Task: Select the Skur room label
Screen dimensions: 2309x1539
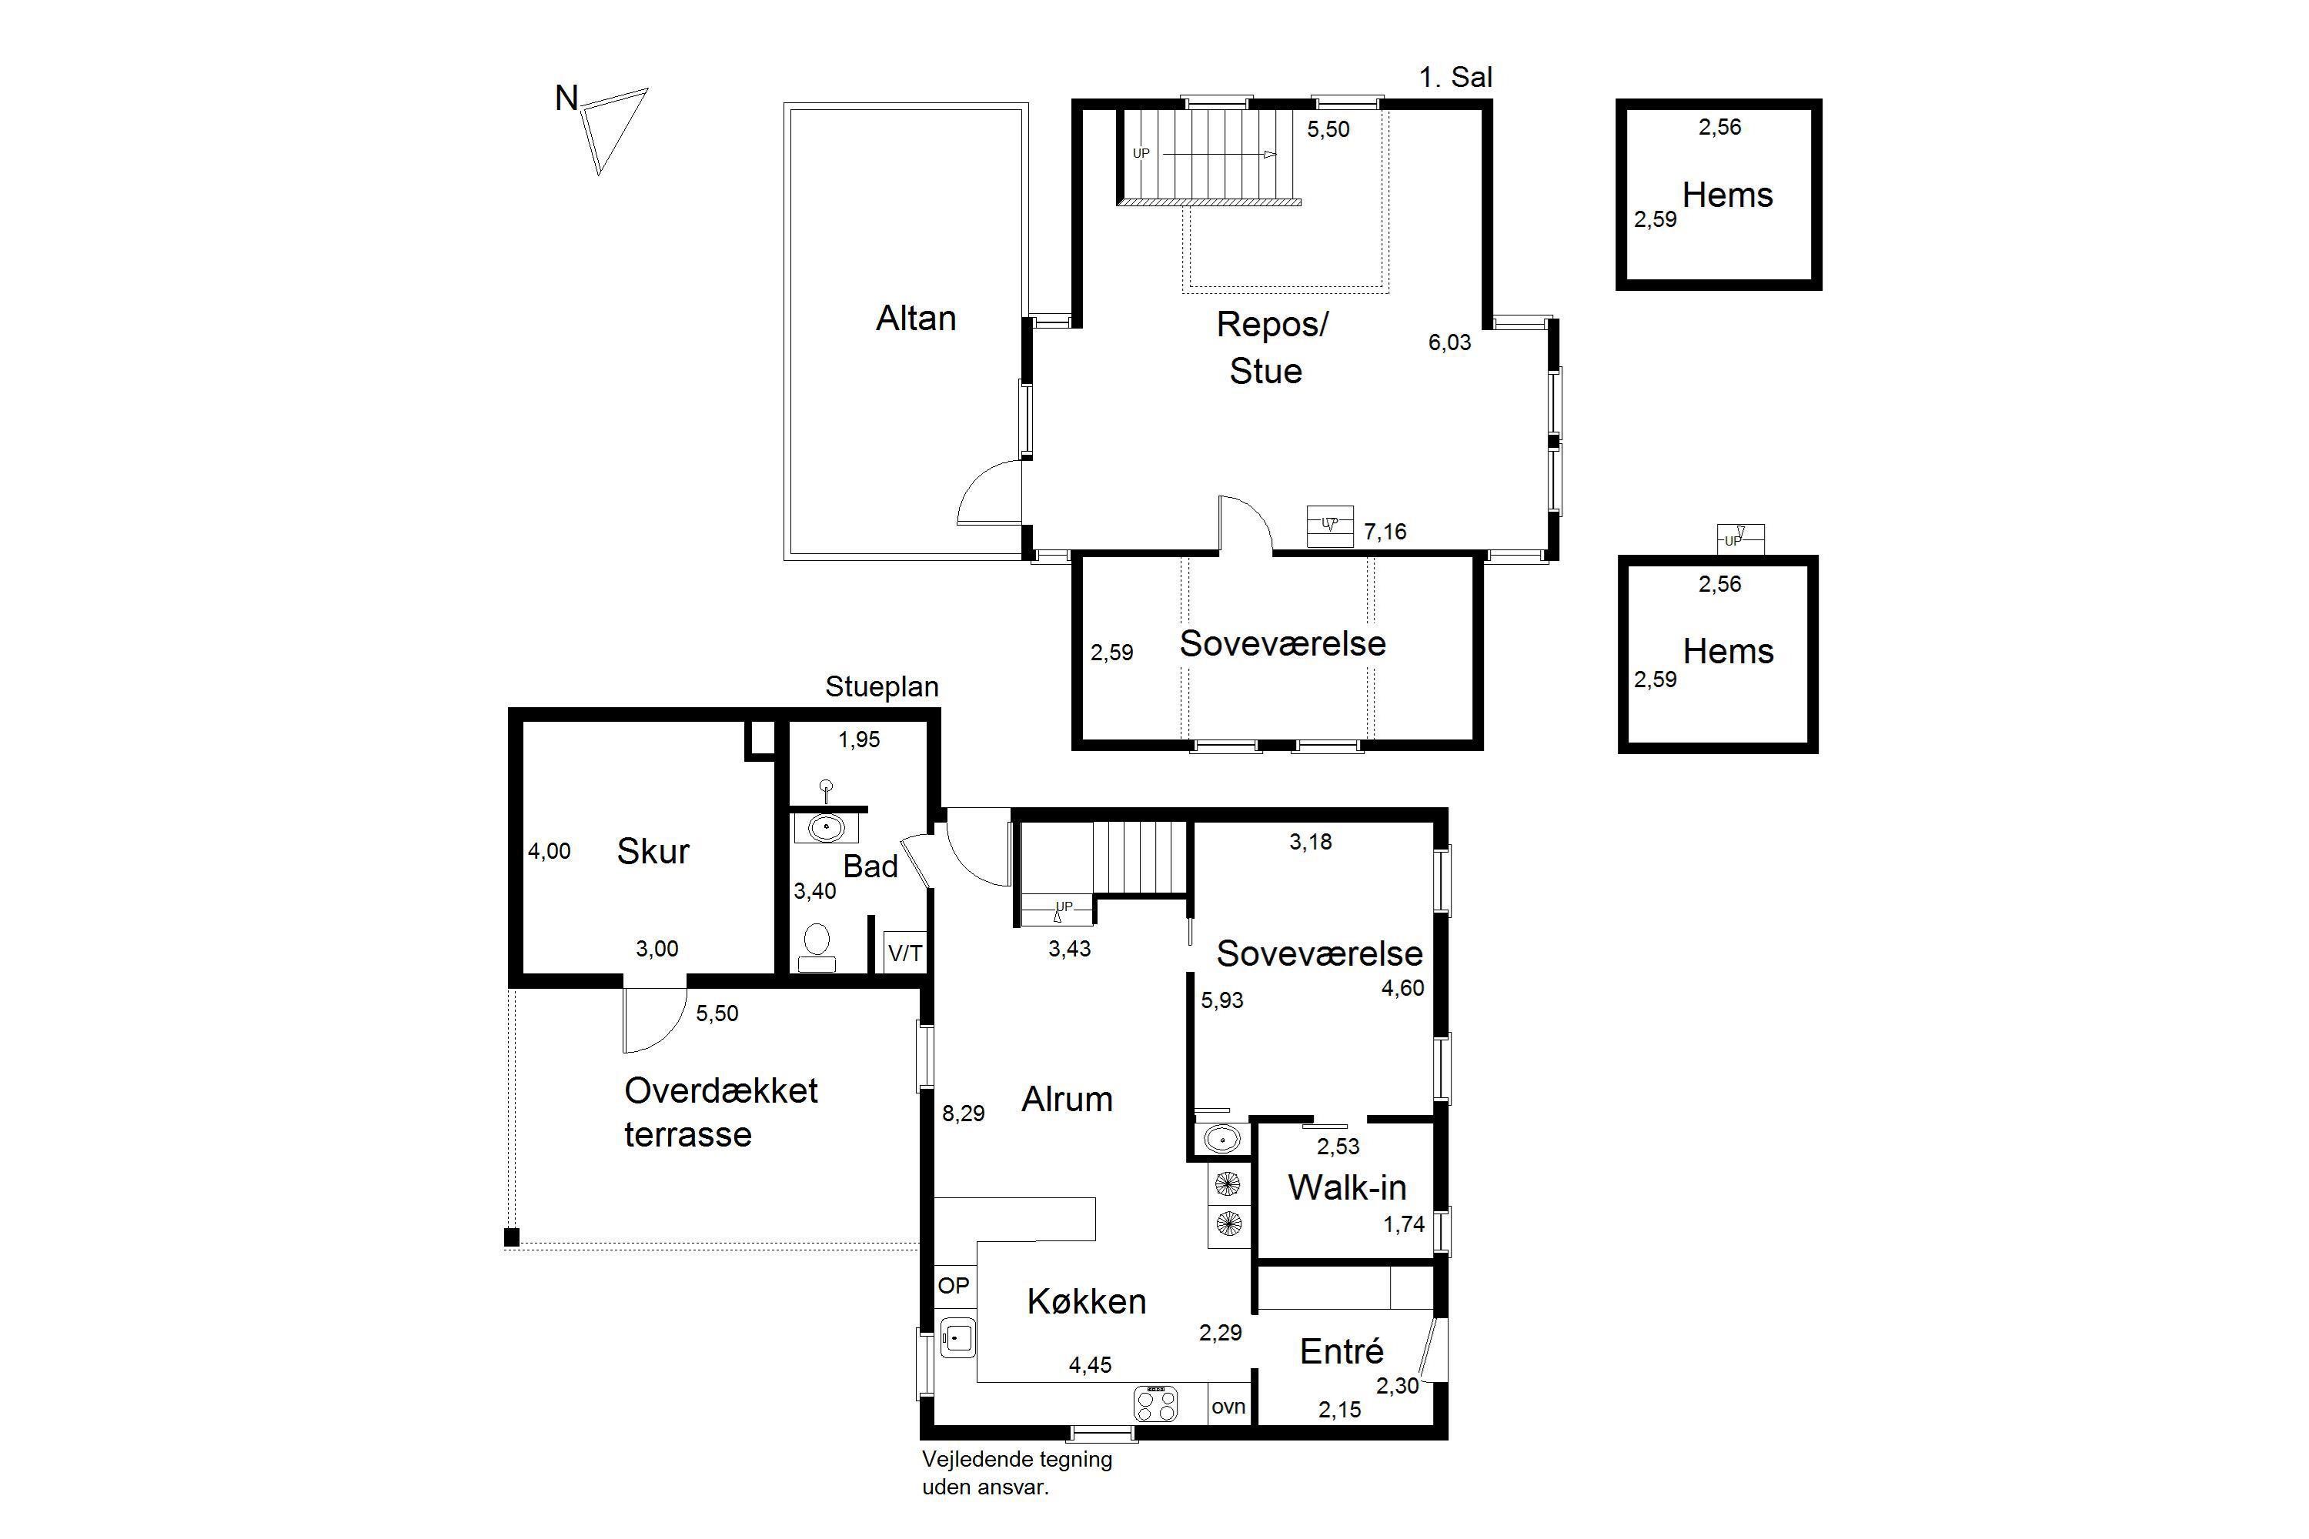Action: [653, 851]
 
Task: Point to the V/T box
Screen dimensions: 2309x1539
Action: [905, 952]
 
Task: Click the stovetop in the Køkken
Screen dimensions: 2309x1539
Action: [1155, 1403]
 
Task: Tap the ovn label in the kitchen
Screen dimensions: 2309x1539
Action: [1228, 1407]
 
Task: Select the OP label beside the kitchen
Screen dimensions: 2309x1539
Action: [954, 1285]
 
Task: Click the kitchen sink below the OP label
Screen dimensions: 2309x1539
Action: [957, 1337]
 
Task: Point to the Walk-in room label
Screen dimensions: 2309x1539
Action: [1347, 1187]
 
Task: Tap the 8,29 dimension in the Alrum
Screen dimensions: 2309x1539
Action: [963, 1113]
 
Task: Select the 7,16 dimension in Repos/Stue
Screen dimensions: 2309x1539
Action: [1385, 532]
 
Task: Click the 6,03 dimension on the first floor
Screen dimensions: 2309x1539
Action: [1450, 342]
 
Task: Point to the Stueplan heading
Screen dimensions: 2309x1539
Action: [881, 687]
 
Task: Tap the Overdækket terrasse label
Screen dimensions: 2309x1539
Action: [720, 1112]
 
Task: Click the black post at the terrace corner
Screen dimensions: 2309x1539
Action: [512, 1237]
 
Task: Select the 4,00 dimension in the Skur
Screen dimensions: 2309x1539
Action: [549, 851]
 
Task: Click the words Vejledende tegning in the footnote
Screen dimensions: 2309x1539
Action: [1017, 1460]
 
